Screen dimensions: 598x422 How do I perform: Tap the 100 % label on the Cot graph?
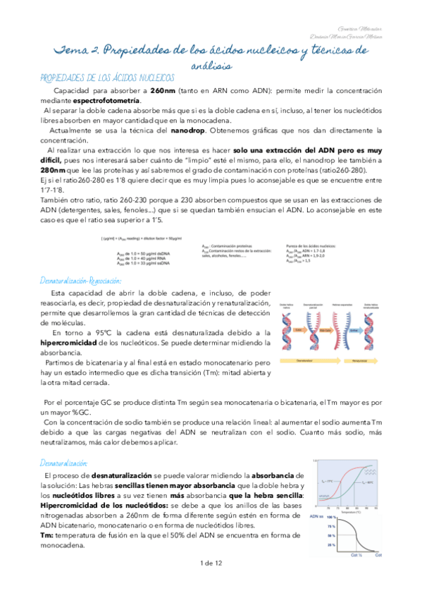328,517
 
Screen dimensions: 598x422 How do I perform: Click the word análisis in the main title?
211,65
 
